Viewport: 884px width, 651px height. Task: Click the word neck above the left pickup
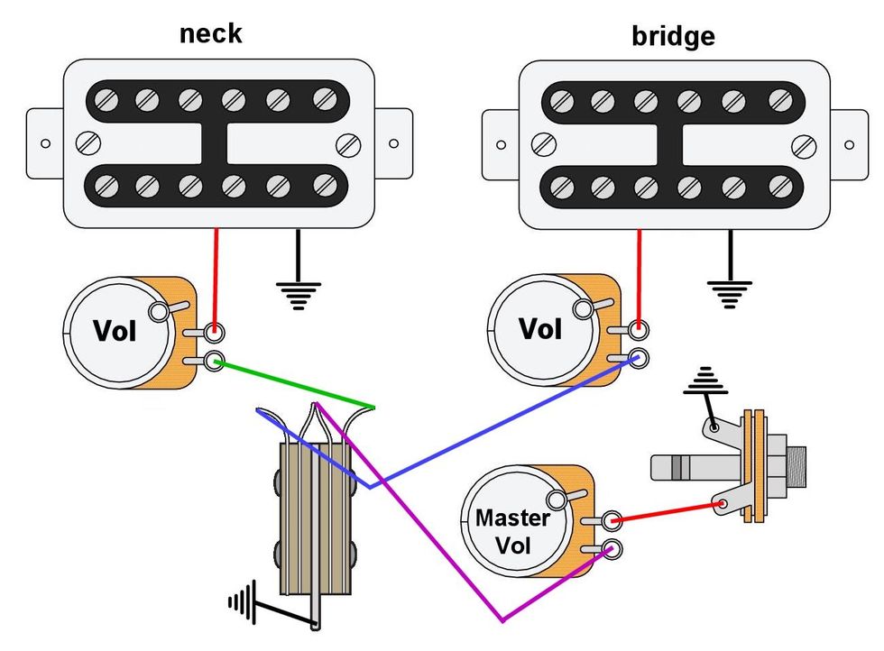211,33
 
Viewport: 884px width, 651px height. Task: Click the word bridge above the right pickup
673,36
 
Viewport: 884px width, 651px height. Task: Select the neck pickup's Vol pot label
115,331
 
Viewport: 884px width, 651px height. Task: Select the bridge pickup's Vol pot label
539,328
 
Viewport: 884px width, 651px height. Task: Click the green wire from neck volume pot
298,384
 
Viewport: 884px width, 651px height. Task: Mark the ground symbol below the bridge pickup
729,291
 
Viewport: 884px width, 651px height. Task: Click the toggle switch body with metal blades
311,523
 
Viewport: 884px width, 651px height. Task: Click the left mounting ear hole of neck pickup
41,143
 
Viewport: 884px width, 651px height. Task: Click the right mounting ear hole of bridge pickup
850,144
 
